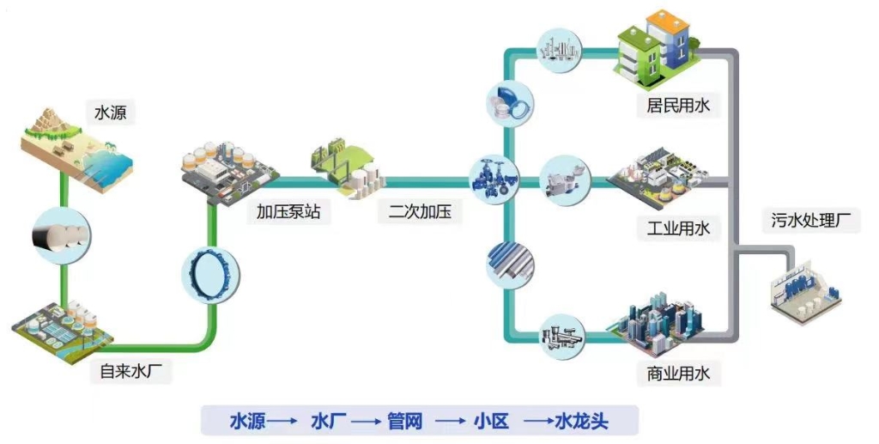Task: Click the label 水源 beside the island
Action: (x=109, y=112)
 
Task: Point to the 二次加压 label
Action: (x=420, y=211)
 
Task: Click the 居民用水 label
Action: (x=678, y=105)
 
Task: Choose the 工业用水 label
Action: (x=678, y=228)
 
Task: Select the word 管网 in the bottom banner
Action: (x=402, y=421)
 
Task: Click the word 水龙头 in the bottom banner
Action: (x=582, y=421)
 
